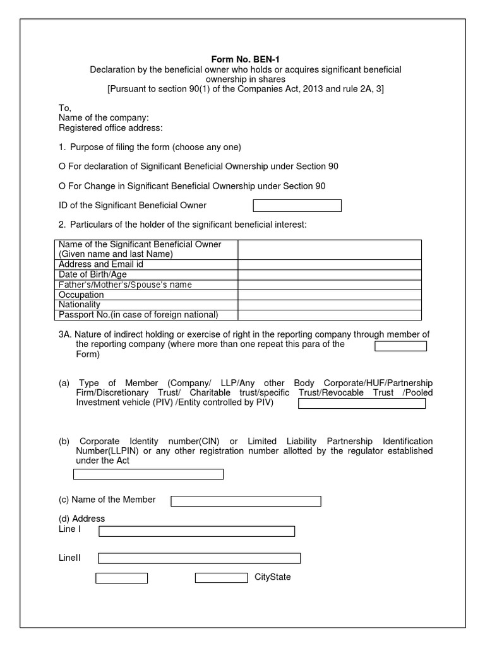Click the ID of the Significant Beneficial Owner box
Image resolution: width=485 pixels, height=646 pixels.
click(297, 206)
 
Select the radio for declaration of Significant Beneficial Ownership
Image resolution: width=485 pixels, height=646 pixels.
click(62, 167)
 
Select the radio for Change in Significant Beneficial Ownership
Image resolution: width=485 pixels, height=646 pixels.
click(62, 186)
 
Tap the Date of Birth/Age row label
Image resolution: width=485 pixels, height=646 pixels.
click(92, 274)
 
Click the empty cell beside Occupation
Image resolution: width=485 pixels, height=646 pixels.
click(329, 295)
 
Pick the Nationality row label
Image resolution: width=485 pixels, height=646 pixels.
click(80, 305)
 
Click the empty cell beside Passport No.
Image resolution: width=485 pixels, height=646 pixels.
click(329, 315)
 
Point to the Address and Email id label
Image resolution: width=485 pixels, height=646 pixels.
click(101, 264)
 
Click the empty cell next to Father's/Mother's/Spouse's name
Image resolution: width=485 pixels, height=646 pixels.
click(329, 285)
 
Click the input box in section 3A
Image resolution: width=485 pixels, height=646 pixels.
click(400, 346)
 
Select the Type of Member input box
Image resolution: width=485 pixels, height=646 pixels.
click(361, 403)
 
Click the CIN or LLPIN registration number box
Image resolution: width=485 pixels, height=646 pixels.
click(148, 474)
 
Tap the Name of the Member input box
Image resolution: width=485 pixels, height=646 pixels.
click(246, 501)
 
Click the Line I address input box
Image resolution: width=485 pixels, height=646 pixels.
click(196, 531)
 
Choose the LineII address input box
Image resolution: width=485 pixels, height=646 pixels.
click(199, 558)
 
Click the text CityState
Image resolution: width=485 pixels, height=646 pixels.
click(273, 577)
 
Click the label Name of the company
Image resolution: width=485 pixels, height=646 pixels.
click(104, 118)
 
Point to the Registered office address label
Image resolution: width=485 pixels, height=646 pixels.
click(111, 128)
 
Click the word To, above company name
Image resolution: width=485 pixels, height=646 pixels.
click(65, 108)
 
